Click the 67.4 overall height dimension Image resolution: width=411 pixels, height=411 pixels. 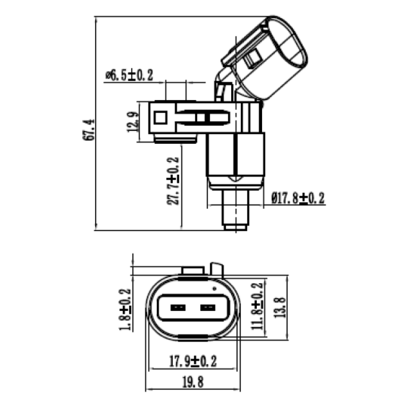pyautogui.click(x=88, y=130)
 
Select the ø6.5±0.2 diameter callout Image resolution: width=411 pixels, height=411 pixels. pyautogui.click(x=129, y=75)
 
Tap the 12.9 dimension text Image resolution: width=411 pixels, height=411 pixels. pyautogui.click(x=133, y=122)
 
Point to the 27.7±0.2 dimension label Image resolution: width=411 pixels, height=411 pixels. pyautogui.click(x=173, y=181)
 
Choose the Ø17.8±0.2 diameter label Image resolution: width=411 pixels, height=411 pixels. pyautogui.click(x=298, y=198)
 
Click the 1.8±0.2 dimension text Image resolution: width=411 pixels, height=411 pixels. pyautogui.click(x=125, y=309)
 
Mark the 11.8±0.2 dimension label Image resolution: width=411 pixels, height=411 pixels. pyautogui.click(x=257, y=306)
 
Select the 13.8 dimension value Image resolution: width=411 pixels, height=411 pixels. pyautogui.click(x=279, y=308)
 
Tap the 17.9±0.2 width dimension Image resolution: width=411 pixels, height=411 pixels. pyautogui.click(x=193, y=361)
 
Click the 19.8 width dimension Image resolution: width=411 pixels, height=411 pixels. pyautogui.click(x=193, y=382)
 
